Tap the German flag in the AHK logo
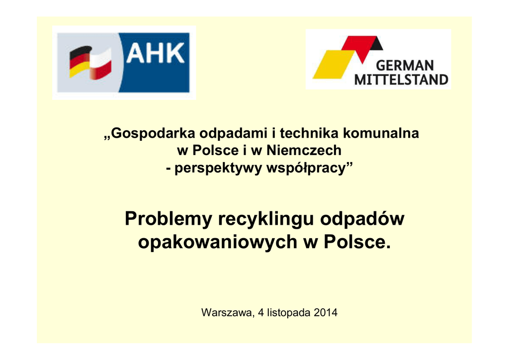(80, 61)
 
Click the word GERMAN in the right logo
(405, 66)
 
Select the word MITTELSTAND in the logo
(401, 80)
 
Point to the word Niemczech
(304, 150)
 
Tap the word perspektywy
(218, 169)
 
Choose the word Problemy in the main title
(169, 219)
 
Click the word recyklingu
(266, 219)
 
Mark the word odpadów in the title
(362, 218)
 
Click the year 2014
(326, 313)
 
